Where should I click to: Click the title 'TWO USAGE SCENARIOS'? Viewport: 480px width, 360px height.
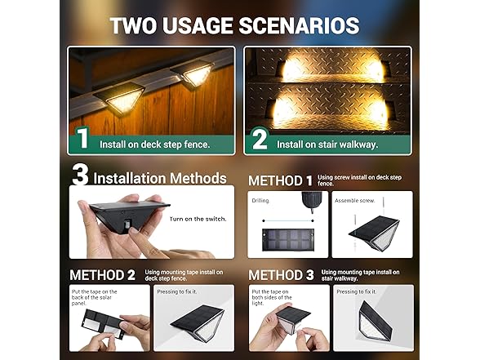pos(234,24)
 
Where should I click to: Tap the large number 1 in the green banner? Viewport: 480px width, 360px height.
pos(82,139)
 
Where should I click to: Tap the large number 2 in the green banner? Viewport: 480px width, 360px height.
pos(259,140)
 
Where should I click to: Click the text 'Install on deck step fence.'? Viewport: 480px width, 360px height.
pos(154,144)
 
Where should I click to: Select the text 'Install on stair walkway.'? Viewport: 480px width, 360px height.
pos(326,144)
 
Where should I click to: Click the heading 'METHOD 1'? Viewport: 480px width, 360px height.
pos(280,180)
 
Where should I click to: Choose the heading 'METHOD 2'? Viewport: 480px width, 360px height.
pos(102,275)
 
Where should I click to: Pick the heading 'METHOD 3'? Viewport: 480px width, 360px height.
pos(281,275)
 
